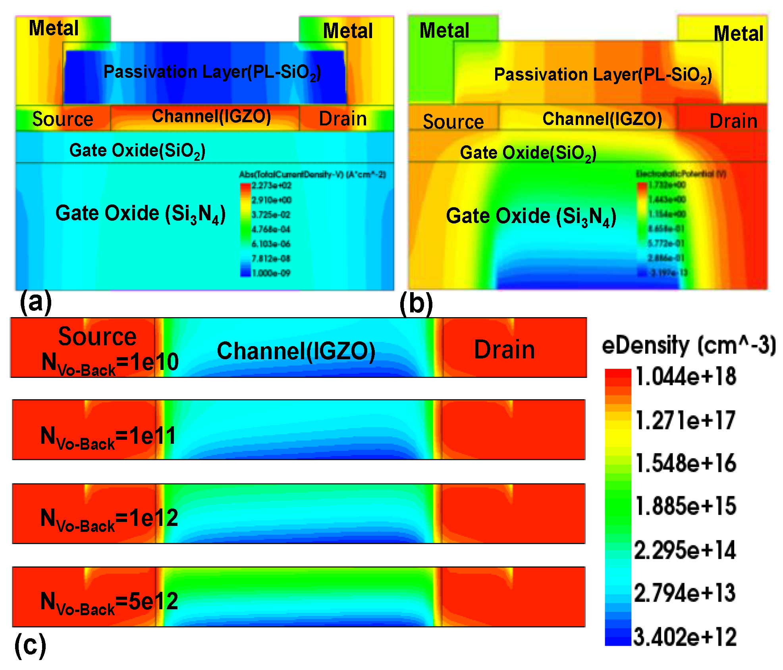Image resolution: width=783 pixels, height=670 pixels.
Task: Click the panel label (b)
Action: (x=416, y=304)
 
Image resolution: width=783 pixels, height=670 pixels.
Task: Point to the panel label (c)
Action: (x=30, y=645)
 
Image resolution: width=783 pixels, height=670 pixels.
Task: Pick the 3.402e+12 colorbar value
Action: (x=685, y=637)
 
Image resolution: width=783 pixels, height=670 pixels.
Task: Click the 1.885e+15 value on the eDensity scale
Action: (x=686, y=506)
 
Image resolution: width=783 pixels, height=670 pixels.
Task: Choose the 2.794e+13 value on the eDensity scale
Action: (x=685, y=593)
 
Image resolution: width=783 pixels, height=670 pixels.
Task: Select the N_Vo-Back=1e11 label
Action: (x=108, y=437)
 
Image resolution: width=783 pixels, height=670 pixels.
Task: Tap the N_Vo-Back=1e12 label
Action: (x=109, y=519)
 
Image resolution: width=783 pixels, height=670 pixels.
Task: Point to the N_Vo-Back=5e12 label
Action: (x=109, y=603)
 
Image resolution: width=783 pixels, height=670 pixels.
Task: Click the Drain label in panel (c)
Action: (x=504, y=350)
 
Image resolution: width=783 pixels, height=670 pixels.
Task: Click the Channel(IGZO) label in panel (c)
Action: (x=296, y=351)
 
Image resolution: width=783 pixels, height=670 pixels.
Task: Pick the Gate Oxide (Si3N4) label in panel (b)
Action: (x=531, y=217)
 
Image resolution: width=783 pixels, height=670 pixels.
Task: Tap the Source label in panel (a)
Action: (x=63, y=119)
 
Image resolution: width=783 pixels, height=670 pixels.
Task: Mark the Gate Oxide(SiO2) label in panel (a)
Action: (x=137, y=151)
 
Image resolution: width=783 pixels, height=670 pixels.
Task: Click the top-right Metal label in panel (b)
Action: (x=738, y=33)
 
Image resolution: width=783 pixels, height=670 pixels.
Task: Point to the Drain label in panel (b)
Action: (x=733, y=121)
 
